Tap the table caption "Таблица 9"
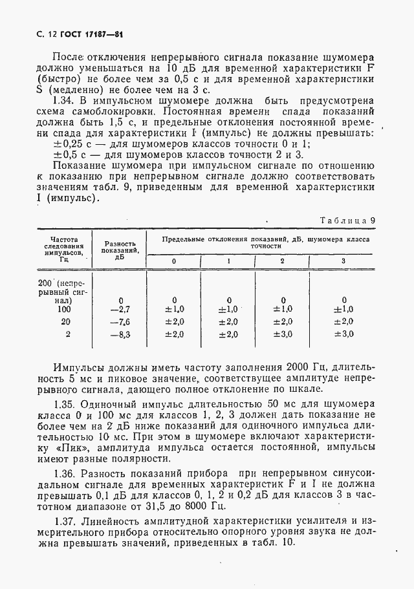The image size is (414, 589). coord(348,220)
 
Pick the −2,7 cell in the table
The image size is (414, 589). coord(121,310)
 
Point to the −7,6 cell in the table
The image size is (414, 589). coord(121,322)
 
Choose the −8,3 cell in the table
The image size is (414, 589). coord(121,334)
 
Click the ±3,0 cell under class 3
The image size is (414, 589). coord(343,334)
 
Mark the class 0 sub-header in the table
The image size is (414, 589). coord(173,261)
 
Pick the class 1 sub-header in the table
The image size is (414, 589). coord(228,261)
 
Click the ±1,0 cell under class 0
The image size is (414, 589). coord(173,310)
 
